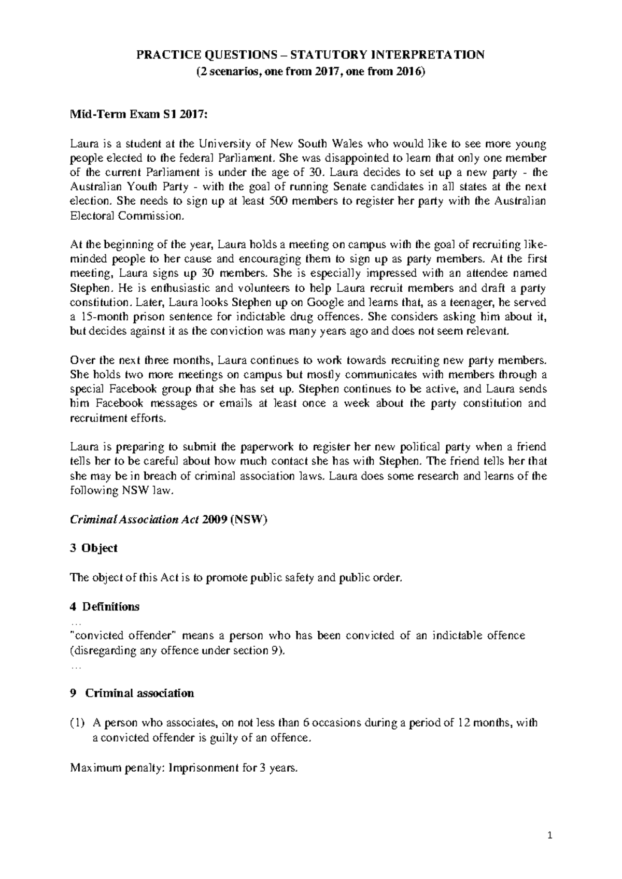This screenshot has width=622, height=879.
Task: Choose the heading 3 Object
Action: (x=93, y=548)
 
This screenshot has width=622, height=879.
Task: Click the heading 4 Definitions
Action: (x=104, y=606)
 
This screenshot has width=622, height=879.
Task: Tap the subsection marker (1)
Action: (x=76, y=722)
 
